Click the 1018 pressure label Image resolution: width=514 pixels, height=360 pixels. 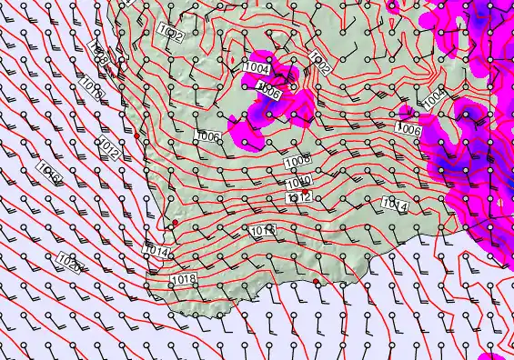coord(185,278)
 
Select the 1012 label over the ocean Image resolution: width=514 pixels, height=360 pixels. coord(110,149)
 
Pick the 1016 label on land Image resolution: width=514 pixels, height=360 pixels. coord(263,231)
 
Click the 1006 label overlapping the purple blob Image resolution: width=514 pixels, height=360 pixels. coord(268,91)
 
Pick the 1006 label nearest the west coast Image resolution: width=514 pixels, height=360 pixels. coord(208,136)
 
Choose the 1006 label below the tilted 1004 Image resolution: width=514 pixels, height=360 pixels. coord(408,130)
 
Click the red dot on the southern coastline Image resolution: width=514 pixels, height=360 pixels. coord(316,283)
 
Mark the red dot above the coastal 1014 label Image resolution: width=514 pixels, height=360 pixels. coord(175,222)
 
